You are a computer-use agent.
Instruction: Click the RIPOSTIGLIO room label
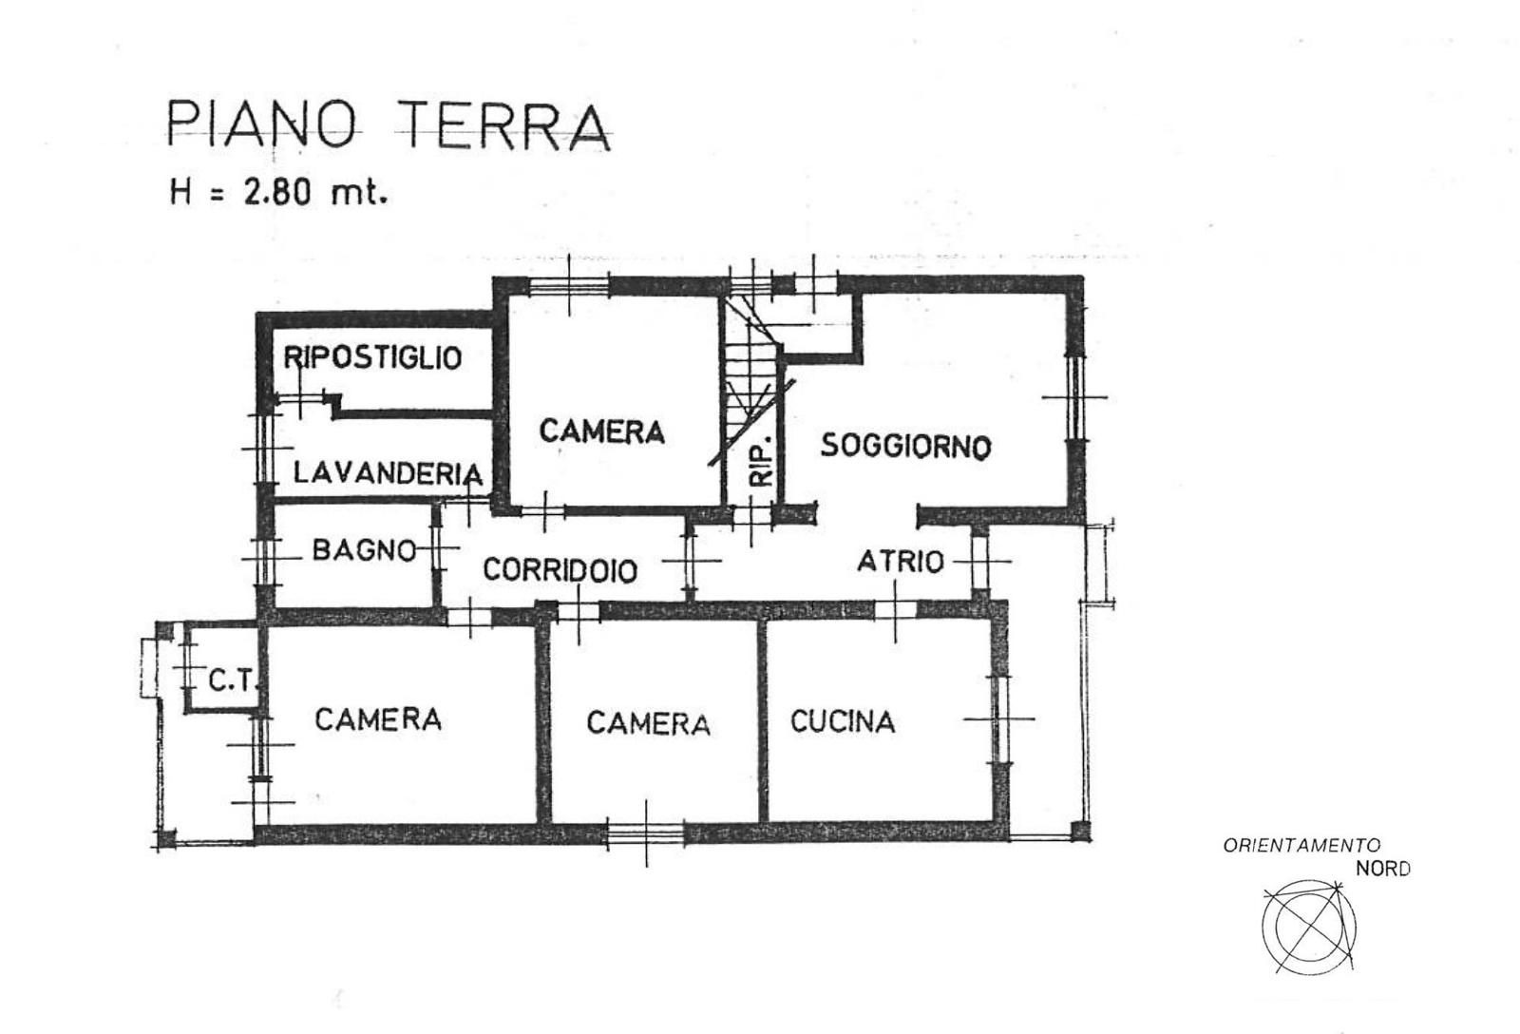pyautogui.click(x=372, y=357)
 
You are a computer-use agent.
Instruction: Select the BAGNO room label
pyautogui.click(x=364, y=549)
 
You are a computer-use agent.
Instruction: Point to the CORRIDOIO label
pyautogui.click(x=560, y=569)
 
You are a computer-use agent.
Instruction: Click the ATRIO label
pyautogui.click(x=901, y=562)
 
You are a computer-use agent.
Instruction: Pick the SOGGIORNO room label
pyautogui.click(x=906, y=446)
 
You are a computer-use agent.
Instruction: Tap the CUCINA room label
pyautogui.click(x=842, y=721)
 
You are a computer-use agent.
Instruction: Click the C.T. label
pyautogui.click(x=232, y=681)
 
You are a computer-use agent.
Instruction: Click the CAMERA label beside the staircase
pyautogui.click(x=602, y=431)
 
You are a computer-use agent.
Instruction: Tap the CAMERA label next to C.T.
pyautogui.click(x=378, y=719)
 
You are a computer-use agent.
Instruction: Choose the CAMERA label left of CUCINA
pyautogui.click(x=648, y=724)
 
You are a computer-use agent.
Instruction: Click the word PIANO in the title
pyautogui.click(x=262, y=124)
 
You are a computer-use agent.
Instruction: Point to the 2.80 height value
pyautogui.click(x=276, y=194)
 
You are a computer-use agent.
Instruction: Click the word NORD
pyautogui.click(x=1383, y=869)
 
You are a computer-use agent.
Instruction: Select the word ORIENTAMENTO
pyautogui.click(x=1301, y=846)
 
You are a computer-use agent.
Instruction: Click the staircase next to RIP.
pyautogui.click(x=750, y=380)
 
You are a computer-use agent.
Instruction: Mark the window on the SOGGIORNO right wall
pyautogui.click(x=1074, y=396)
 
